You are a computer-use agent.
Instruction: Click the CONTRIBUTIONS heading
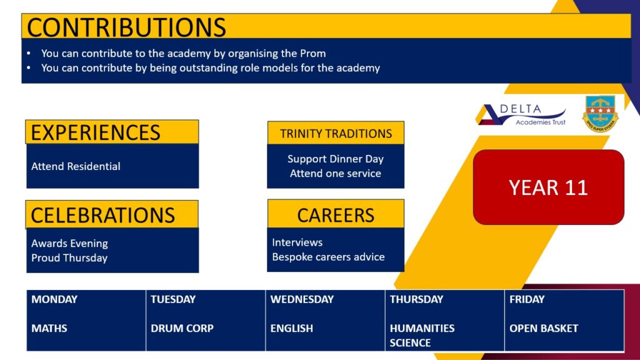pyautogui.click(x=126, y=27)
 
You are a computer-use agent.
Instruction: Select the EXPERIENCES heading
pyautogui.click(x=96, y=132)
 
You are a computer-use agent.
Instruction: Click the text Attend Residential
pyautogui.click(x=76, y=166)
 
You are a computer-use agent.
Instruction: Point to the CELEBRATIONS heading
pyautogui.click(x=103, y=215)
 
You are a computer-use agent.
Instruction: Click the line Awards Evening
pyautogui.click(x=70, y=243)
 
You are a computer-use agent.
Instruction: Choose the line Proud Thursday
pyautogui.click(x=69, y=258)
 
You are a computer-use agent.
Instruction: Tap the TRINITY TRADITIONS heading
pyautogui.click(x=336, y=134)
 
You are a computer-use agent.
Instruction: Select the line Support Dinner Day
pyautogui.click(x=336, y=159)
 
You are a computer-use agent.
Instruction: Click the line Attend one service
pyautogui.click(x=336, y=174)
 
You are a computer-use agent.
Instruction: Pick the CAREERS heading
pyautogui.click(x=336, y=215)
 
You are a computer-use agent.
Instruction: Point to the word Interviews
pyautogui.click(x=297, y=242)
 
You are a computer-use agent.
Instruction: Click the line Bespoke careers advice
pyautogui.click(x=329, y=257)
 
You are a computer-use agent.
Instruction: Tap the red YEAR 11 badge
pyautogui.click(x=549, y=187)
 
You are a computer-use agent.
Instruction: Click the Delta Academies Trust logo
pyautogui.click(x=522, y=115)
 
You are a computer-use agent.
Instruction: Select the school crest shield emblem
pyautogui.click(x=600, y=114)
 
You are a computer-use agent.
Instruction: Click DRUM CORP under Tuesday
pyautogui.click(x=182, y=329)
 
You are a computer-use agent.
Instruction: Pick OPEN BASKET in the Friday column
pyautogui.click(x=544, y=329)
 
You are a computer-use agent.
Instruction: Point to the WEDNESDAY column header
pyautogui.click(x=302, y=299)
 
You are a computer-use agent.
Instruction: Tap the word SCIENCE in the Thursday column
pyautogui.click(x=410, y=343)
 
